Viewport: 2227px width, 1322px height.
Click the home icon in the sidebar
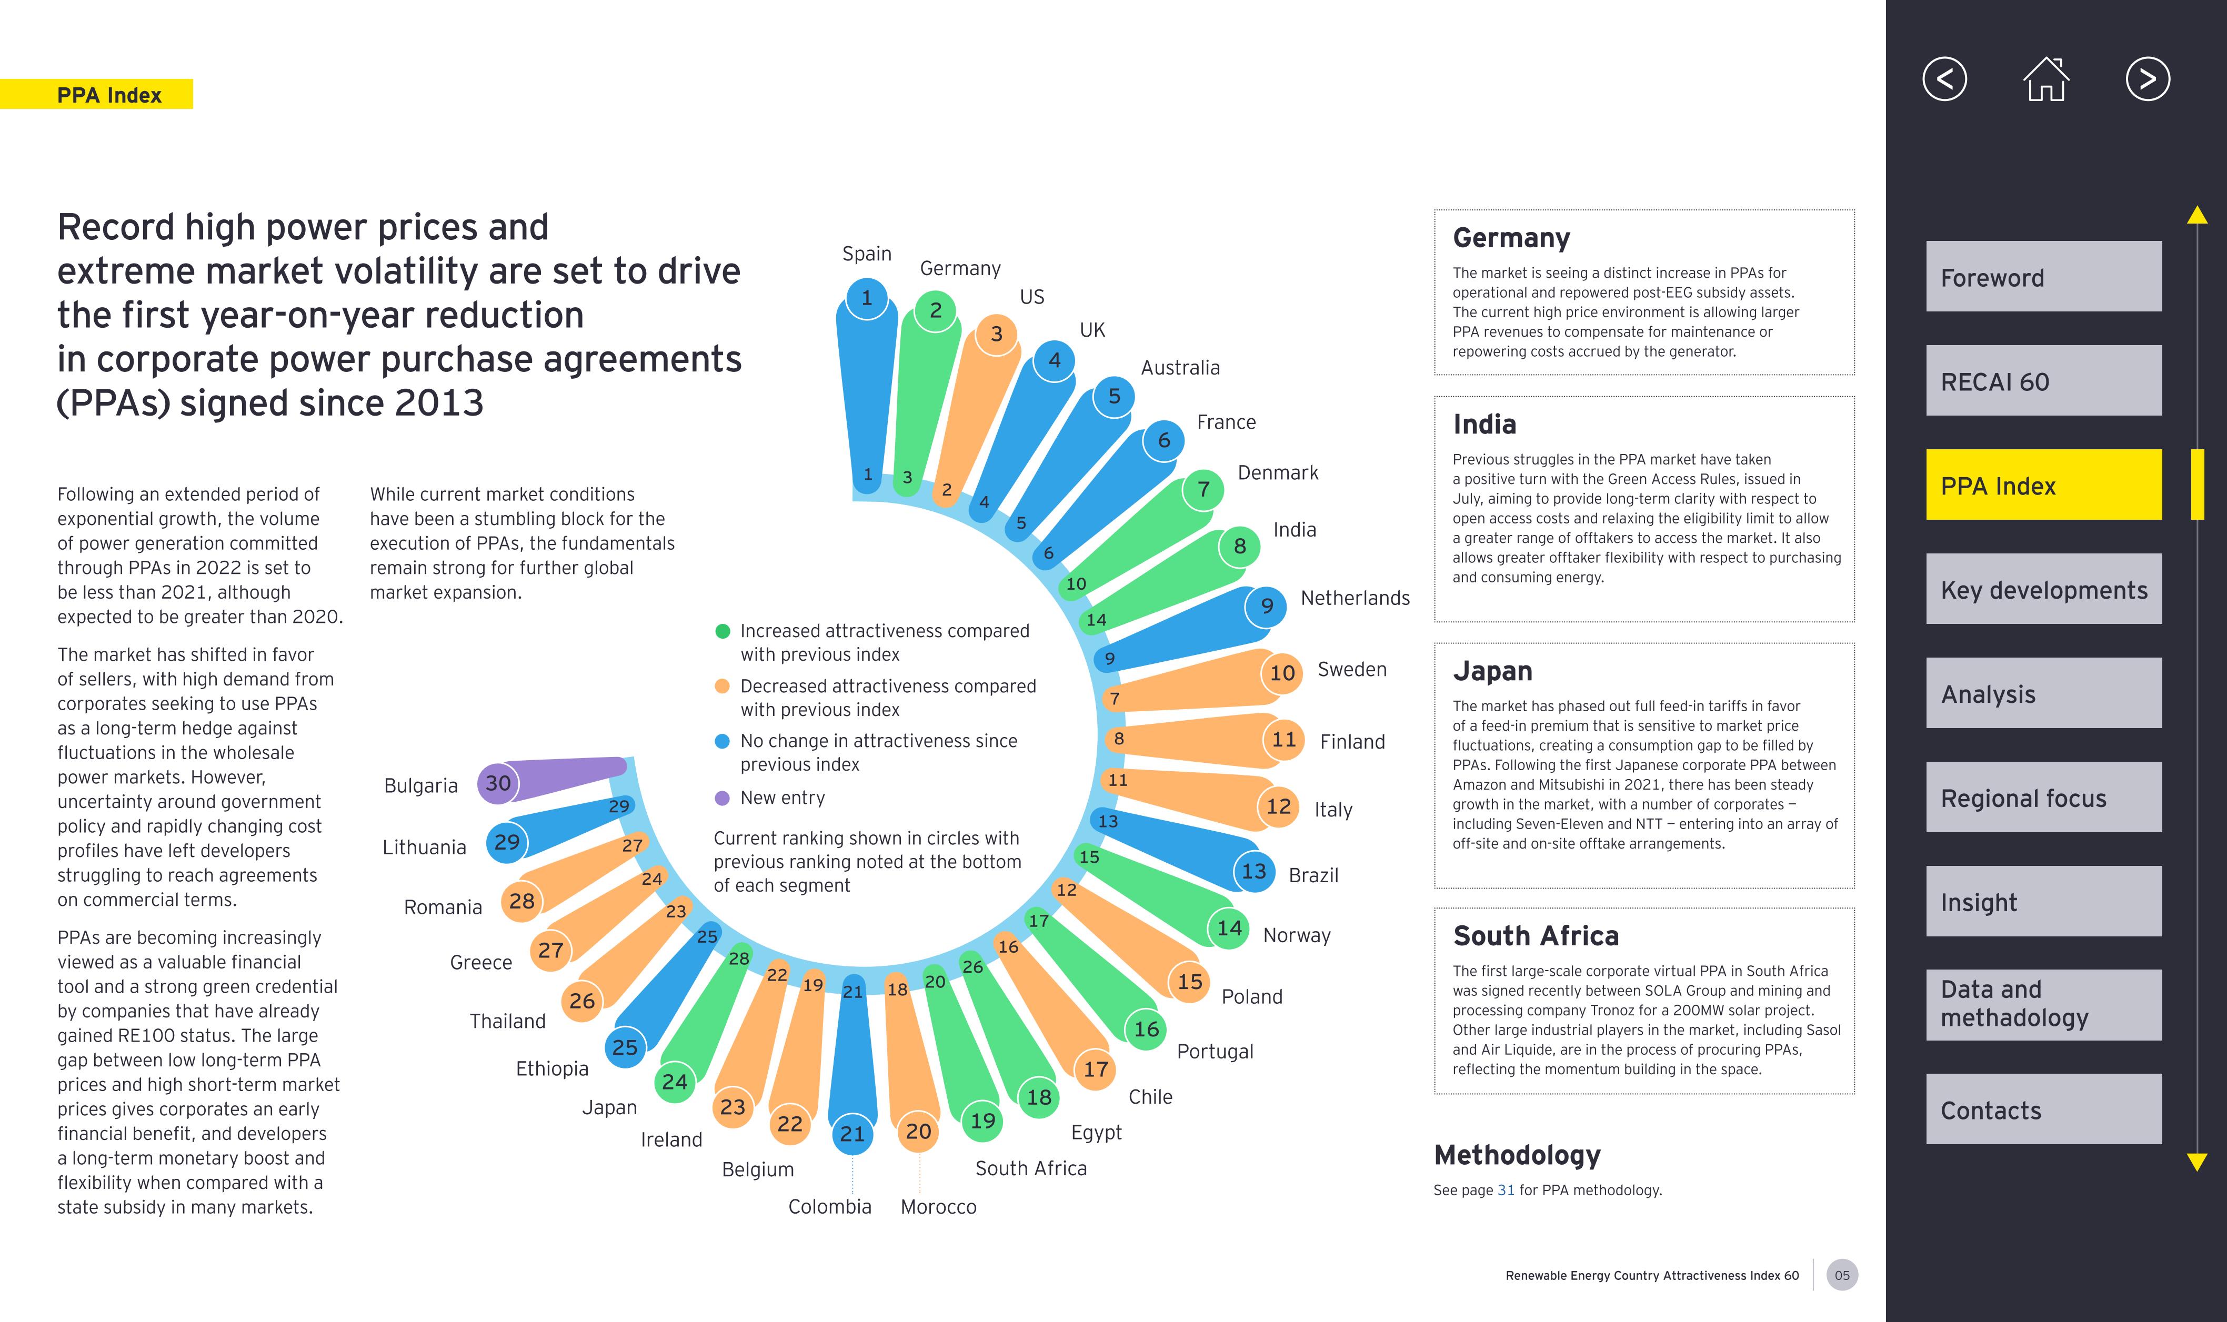point(2046,79)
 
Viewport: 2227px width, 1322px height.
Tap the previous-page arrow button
point(1944,79)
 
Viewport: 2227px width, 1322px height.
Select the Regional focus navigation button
point(2043,798)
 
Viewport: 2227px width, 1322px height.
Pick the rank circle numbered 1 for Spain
point(866,298)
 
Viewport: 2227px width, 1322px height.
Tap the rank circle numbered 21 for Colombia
point(852,1134)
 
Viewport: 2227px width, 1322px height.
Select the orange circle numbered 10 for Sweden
point(1281,673)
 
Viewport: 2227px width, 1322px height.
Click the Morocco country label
point(938,1207)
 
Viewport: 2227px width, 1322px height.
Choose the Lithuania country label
point(424,847)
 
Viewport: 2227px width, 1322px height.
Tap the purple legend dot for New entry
point(723,798)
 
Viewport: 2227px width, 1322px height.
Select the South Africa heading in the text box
point(1536,935)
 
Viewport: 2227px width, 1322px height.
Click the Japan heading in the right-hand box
point(1493,671)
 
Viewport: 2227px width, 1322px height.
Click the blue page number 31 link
point(1505,1190)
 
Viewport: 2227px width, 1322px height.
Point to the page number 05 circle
point(1841,1275)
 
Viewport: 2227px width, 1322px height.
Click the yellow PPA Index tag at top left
point(109,95)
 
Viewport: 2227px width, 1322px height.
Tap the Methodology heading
point(1517,1155)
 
